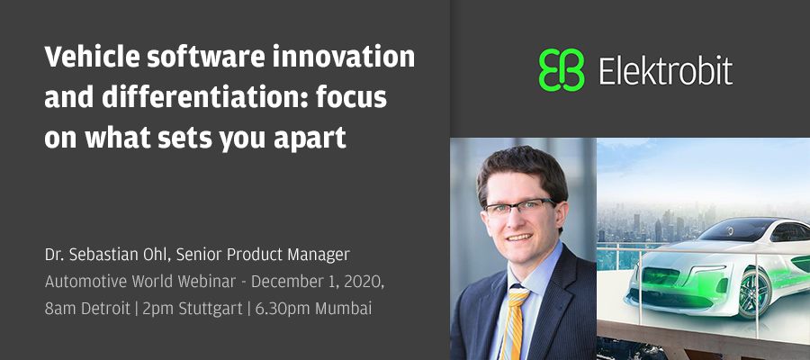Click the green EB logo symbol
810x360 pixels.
tap(561, 70)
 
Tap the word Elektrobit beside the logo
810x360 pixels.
tap(665, 70)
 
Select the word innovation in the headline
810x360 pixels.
tap(343, 57)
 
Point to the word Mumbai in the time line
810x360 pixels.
tap(343, 309)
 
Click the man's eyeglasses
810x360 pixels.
tap(518, 208)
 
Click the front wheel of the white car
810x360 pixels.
tap(753, 292)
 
